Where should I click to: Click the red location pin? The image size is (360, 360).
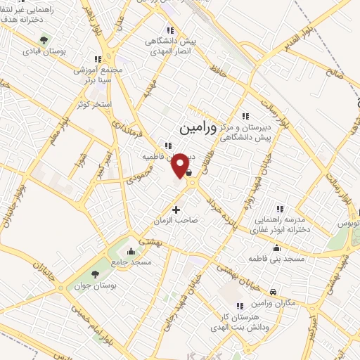(x=181, y=165)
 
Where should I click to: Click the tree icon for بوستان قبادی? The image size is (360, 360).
(x=44, y=40)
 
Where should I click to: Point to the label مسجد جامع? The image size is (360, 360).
(x=129, y=262)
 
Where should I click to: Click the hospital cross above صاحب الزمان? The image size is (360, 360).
(x=176, y=210)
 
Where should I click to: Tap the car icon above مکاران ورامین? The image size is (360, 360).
(x=274, y=292)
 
